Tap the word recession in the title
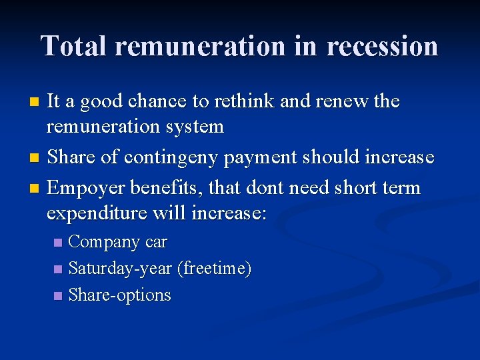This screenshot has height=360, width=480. pyautogui.click(x=383, y=46)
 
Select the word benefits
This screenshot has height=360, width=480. pyautogui.click(x=165, y=189)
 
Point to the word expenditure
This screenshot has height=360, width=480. pyautogui.click(x=97, y=213)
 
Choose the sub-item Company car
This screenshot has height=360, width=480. pyautogui.click(x=118, y=242)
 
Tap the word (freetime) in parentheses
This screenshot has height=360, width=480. pyautogui.click(x=214, y=269)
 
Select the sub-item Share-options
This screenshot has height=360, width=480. pyautogui.click(x=120, y=295)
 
